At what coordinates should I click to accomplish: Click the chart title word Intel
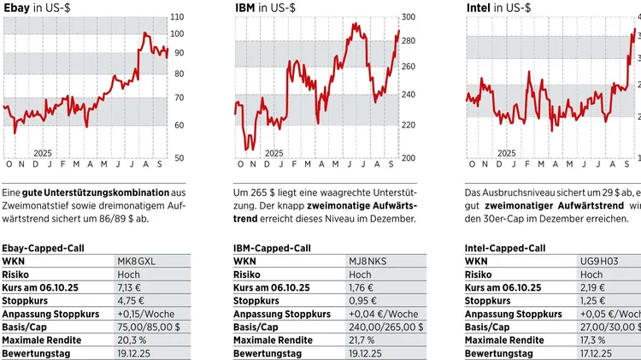pos(479,7)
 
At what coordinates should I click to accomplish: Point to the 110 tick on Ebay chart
pos(177,17)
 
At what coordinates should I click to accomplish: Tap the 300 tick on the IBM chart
pos(409,17)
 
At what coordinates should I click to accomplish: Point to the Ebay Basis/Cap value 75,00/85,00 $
pos(148,327)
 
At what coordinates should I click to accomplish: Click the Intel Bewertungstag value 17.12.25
pos(598,352)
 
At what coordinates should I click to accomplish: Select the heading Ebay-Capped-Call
pos(40,247)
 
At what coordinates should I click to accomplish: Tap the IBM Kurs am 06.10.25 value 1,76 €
pos(362,287)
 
